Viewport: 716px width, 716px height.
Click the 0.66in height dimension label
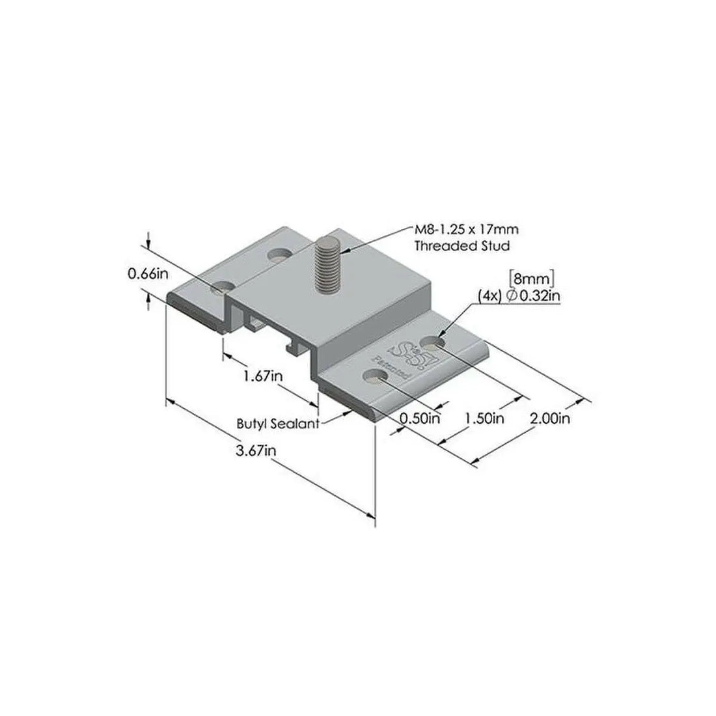pos(148,274)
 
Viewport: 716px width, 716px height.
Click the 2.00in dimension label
pos(550,418)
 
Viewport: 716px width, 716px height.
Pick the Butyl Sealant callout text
pos(277,423)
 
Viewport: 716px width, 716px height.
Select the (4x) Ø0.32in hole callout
pos(519,296)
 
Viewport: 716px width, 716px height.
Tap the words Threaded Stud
pos(462,246)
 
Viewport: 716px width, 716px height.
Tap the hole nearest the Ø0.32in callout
pos(434,341)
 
